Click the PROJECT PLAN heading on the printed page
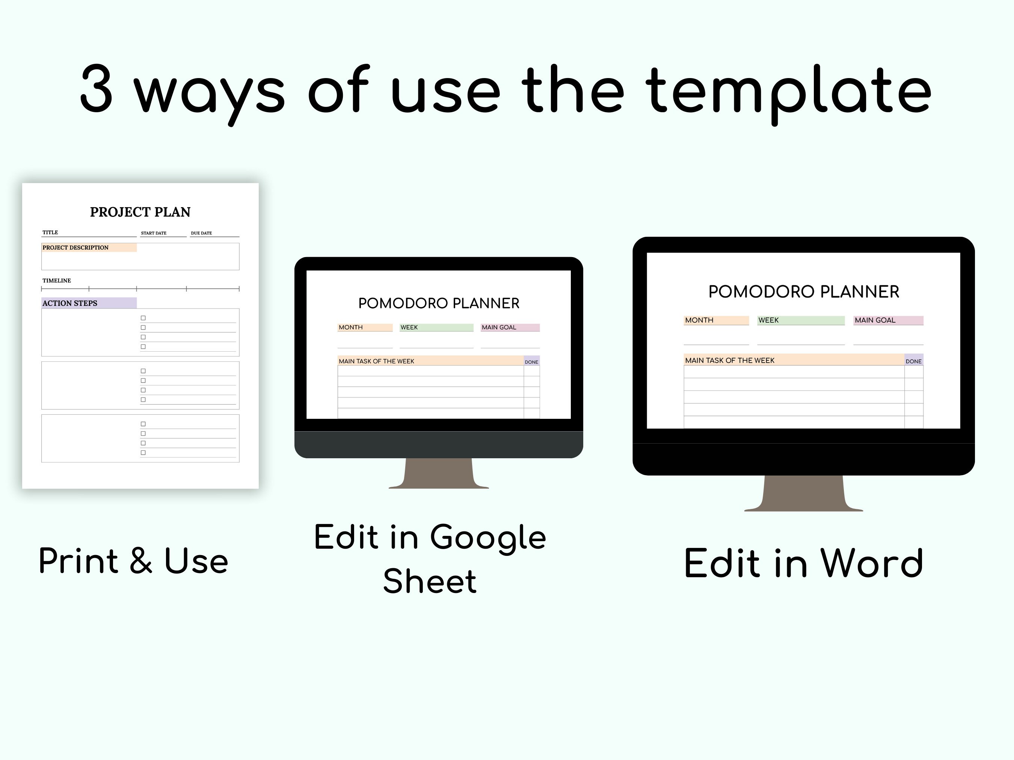pyautogui.click(x=140, y=212)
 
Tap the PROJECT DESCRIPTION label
pyautogui.click(x=75, y=248)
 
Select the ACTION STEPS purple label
pyautogui.click(x=70, y=303)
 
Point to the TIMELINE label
pyautogui.click(x=57, y=280)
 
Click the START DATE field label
pyautogui.click(x=154, y=233)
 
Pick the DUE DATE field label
pyautogui.click(x=201, y=233)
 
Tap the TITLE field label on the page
pyautogui.click(x=50, y=233)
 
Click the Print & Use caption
pyautogui.click(x=133, y=561)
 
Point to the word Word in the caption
pyautogui.click(x=871, y=563)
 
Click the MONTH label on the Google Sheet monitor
pyautogui.click(x=351, y=328)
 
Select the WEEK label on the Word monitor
pyautogui.click(x=768, y=320)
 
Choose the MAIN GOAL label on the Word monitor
pyautogui.click(x=875, y=320)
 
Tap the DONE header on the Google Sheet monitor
pyautogui.click(x=531, y=362)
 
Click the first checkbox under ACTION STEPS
pyautogui.click(x=143, y=318)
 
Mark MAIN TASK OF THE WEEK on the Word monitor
pyautogui.click(x=729, y=361)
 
